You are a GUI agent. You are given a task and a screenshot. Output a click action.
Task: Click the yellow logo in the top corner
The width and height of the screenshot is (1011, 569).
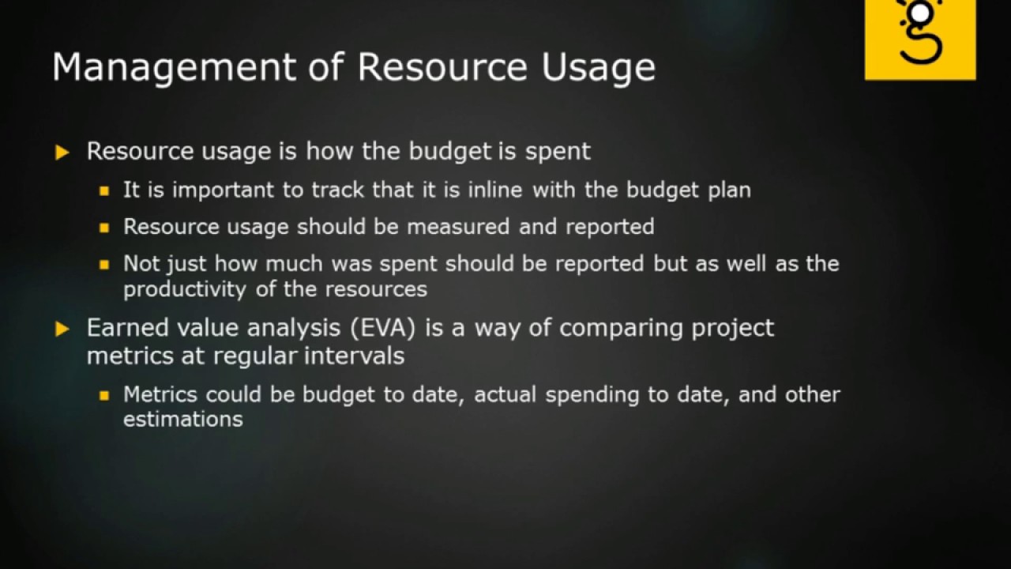coord(920,39)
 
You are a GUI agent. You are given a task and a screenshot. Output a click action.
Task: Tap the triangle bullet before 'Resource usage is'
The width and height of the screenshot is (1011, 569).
coord(63,153)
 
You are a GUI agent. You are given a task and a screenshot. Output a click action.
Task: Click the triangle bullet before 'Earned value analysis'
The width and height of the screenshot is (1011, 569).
coord(63,329)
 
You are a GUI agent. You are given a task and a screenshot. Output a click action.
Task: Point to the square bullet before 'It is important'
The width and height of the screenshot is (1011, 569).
coord(104,191)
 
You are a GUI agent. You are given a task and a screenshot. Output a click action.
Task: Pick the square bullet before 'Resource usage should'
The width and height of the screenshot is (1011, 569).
coord(104,228)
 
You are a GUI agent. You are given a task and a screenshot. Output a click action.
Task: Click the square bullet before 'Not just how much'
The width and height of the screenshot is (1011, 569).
coord(104,265)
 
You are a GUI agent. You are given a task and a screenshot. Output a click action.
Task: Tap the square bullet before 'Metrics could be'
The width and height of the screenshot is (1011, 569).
coord(104,395)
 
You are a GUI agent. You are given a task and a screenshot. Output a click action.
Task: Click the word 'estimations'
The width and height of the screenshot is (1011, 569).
coord(182,419)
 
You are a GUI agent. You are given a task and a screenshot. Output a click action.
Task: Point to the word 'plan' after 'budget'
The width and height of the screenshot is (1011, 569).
coord(728,190)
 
